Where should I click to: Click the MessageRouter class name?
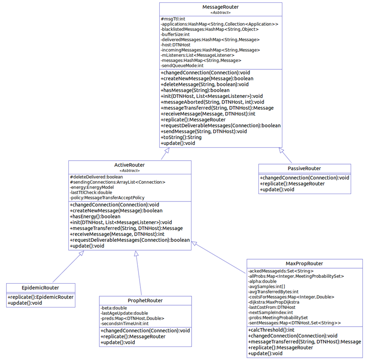tap(220, 7)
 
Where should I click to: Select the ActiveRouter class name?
tap(129, 165)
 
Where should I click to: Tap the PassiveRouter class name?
tap(304, 168)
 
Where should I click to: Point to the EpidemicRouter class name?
tap(40, 287)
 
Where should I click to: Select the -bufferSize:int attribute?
tap(175, 34)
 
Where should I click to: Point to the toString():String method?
tap(181, 137)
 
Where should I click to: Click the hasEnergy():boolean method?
tap(95, 217)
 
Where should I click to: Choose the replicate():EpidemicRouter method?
tap(40, 297)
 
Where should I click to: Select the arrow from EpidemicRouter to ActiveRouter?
tap(67, 267)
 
